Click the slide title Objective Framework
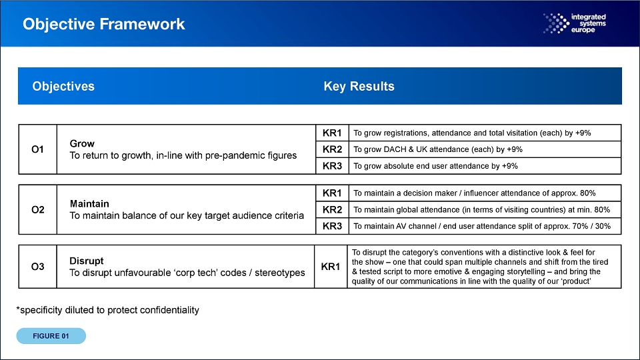[104, 24]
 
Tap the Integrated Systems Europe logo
[574, 23]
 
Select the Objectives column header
[63, 86]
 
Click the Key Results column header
[359, 86]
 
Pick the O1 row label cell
[37, 149]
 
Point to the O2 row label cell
[37, 210]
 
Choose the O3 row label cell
[37, 267]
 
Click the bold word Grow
[82, 144]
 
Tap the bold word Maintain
[89, 204]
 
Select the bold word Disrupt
[87, 261]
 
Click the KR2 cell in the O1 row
[332, 149]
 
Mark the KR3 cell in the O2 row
[332, 226]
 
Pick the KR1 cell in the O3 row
[331, 267]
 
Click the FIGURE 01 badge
[51, 336]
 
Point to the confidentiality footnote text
[108, 310]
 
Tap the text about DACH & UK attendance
[438, 149]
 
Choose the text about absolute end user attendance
[435, 166]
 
